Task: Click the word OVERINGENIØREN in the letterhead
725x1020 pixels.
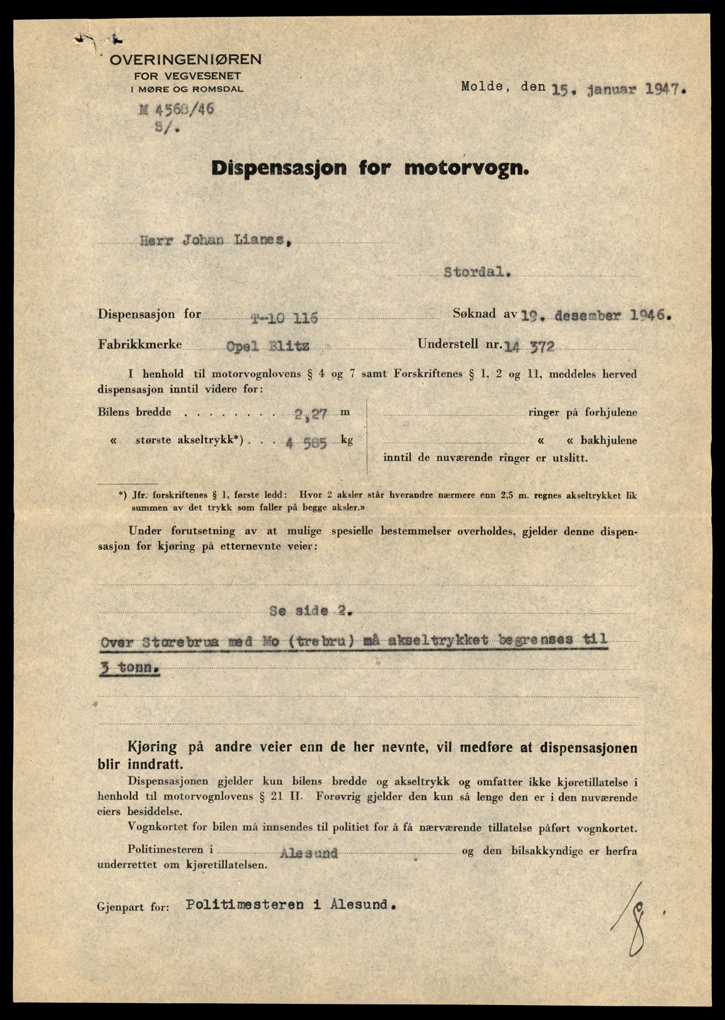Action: point(186,60)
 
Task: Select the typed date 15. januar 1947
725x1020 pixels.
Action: point(618,88)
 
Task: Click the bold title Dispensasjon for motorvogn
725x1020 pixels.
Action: point(370,168)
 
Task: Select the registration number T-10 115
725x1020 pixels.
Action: point(284,318)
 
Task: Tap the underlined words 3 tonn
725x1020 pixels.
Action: point(129,667)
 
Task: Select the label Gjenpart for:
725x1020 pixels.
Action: point(133,908)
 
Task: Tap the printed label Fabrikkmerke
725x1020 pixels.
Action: point(140,344)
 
